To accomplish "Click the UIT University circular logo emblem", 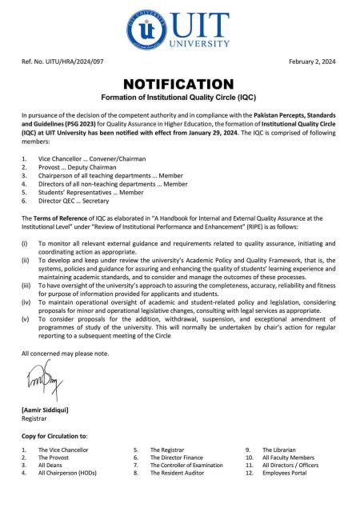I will [x=147, y=30].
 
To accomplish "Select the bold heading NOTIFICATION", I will [x=179, y=84].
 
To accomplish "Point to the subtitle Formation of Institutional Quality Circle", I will [x=179, y=98].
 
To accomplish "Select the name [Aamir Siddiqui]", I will [x=45, y=410].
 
